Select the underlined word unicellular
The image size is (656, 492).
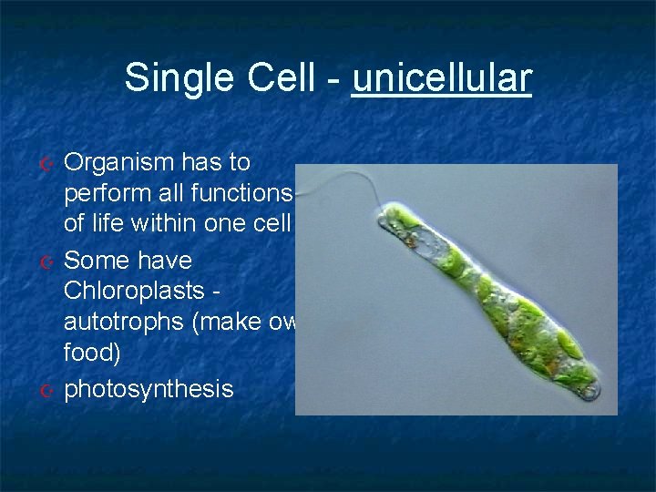[x=441, y=78]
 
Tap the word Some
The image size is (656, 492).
[x=97, y=261]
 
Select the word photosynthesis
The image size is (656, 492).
[x=149, y=390]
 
